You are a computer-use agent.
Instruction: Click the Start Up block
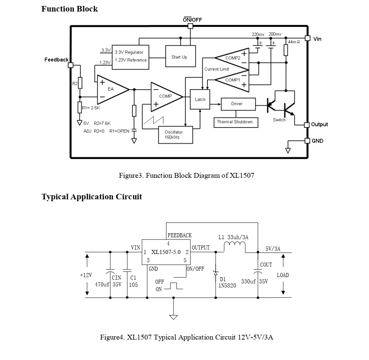[181, 56]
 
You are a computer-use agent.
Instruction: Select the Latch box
[200, 99]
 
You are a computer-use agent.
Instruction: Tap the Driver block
[238, 104]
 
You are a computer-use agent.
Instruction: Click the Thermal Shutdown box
[236, 122]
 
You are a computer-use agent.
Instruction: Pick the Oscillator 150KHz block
[175, 135]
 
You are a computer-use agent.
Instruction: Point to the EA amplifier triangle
[113, 90]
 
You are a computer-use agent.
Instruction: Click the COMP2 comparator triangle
[232, 59]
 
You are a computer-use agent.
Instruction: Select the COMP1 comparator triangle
[232, 81]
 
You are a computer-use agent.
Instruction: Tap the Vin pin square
[308, 38]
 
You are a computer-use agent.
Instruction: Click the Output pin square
[307, 125]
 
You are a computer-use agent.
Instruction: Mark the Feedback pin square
[71, 65]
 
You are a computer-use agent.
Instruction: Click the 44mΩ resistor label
[294, 42]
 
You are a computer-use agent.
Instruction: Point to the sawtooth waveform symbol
[154, 120]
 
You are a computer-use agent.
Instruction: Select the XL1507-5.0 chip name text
[166, 252]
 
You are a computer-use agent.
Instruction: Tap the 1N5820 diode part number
[228, 286]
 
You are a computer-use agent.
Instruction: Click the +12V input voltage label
[86, 275]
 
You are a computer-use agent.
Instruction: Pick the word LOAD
[283, 275]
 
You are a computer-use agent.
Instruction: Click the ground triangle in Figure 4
[174, 317]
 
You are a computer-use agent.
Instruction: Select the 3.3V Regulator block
[130, 57]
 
